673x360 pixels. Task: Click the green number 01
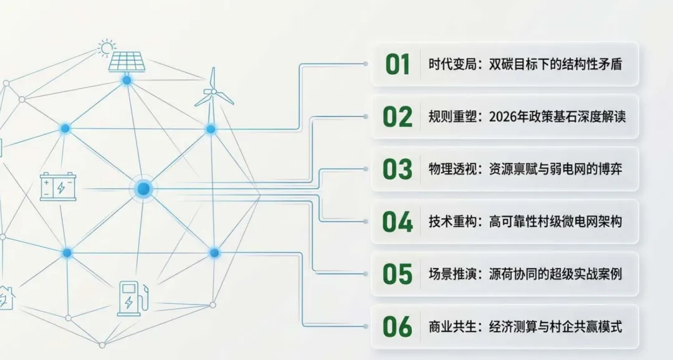pyautogui.click(x=398, y=64)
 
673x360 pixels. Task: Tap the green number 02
pyautogui.click(x=398, y=116)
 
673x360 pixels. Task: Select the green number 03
pyautogui.click(x=398, y=169)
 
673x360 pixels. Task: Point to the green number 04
pyautogui.click(x=398, y=221)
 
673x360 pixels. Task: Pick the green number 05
pyautogui.click(x=398, y=273)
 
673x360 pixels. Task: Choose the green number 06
pyautogui.click(x=398, y=326)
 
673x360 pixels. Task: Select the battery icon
pyautogui.click(x=58, y=186)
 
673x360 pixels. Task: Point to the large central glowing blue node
pyautogui.click(x=143, y=189)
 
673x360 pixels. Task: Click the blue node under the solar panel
pyautogui.click(x=127, y=80)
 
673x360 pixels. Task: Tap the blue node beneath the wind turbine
pyautogui.click(x=211, y=129)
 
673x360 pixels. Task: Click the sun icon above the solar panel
pyautogui.click(x=107, y=47)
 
